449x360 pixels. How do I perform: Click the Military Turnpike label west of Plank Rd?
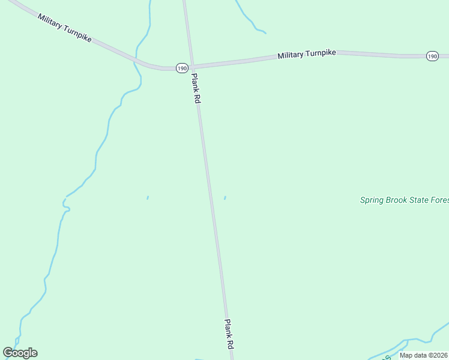pyautogui.click(x=64, y=28)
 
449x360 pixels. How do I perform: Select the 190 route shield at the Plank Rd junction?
pyautogui.click(x=182, y=68)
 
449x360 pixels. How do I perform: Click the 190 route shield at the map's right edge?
pyautogui.click(x=432, y=56)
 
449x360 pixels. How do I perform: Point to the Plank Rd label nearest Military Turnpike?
pyautogui.click(x=195, y=88)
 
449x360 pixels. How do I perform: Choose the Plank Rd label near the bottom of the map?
pyautogui.click(x=229, y=334)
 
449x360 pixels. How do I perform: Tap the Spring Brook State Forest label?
pyautogui.click(x=404, y=200)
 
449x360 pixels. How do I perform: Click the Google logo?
pyautogui.click(x=20, y=353)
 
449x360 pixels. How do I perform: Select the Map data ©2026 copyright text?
pyautogui.click(x=423, y=355)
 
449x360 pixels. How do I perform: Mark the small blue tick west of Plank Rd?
pyautogui.click(x=148, y=197)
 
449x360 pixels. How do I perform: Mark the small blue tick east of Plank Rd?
pyautogui.click(x=225, y=197)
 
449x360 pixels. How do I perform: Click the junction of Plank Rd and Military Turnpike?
pyautogui.click(x=191, y=67)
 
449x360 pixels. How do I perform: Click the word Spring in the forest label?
pyautogui.click(x=372, y=200)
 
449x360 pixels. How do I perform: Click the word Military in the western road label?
pyautogui.click(x=51, y=22)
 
